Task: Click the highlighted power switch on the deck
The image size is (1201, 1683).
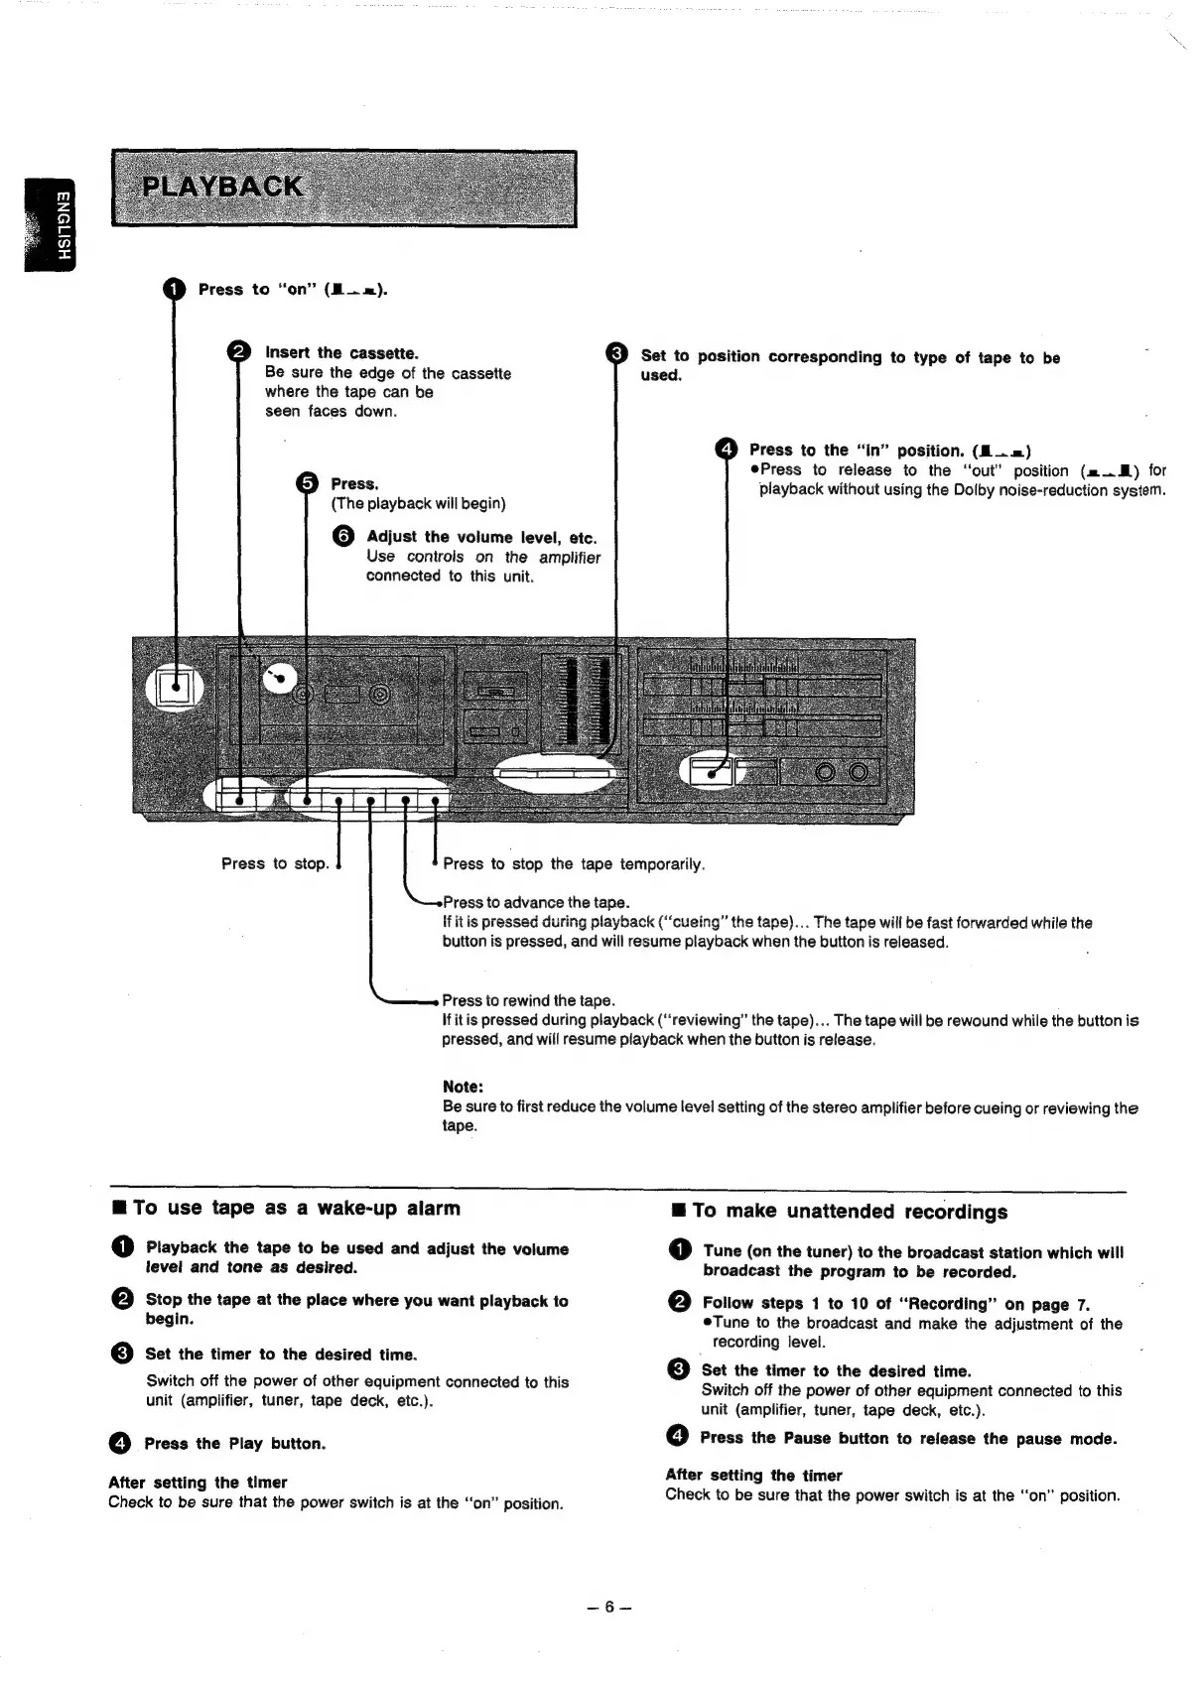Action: click(x=177, y=686)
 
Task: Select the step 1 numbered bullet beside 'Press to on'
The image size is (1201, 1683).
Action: click(x=174, y=289)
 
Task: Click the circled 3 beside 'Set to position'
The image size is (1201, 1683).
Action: click(x=616, y=354)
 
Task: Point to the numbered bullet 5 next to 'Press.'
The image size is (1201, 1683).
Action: click(x=308, y=483)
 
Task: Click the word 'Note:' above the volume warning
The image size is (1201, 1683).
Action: click(x=462, y=1087)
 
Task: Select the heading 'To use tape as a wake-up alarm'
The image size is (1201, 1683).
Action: click(x=296, y=1208)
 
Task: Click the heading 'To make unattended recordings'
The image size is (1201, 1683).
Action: click(x=850, y=1211)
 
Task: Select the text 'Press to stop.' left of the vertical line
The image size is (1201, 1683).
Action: click(x=274, y=863)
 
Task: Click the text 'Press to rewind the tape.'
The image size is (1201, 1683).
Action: click(x=528, y=1000)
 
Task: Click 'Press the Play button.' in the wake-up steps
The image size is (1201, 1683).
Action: click(x=234, y=1443)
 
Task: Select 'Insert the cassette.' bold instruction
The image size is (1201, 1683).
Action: click(x=341, y=352)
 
